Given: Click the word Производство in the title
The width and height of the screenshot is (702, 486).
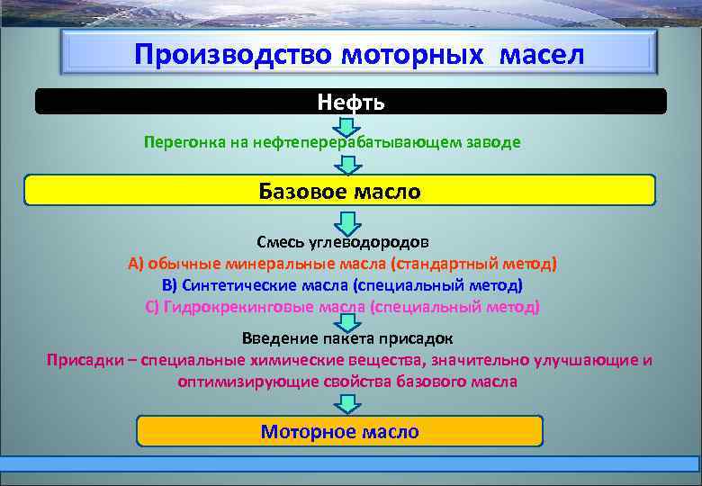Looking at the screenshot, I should click(233, 54).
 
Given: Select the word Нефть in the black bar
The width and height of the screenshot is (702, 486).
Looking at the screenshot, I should click(351, 102).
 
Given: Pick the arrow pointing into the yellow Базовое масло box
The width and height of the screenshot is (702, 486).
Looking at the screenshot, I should click(348, 165).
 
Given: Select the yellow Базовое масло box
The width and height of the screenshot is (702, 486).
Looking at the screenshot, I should click(339, 191).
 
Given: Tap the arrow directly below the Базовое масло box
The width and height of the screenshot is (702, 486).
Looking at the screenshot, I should click(348, 221).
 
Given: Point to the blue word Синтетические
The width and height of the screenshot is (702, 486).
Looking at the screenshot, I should click(239, 284).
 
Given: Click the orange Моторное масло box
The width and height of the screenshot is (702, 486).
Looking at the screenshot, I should click(339, 431).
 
